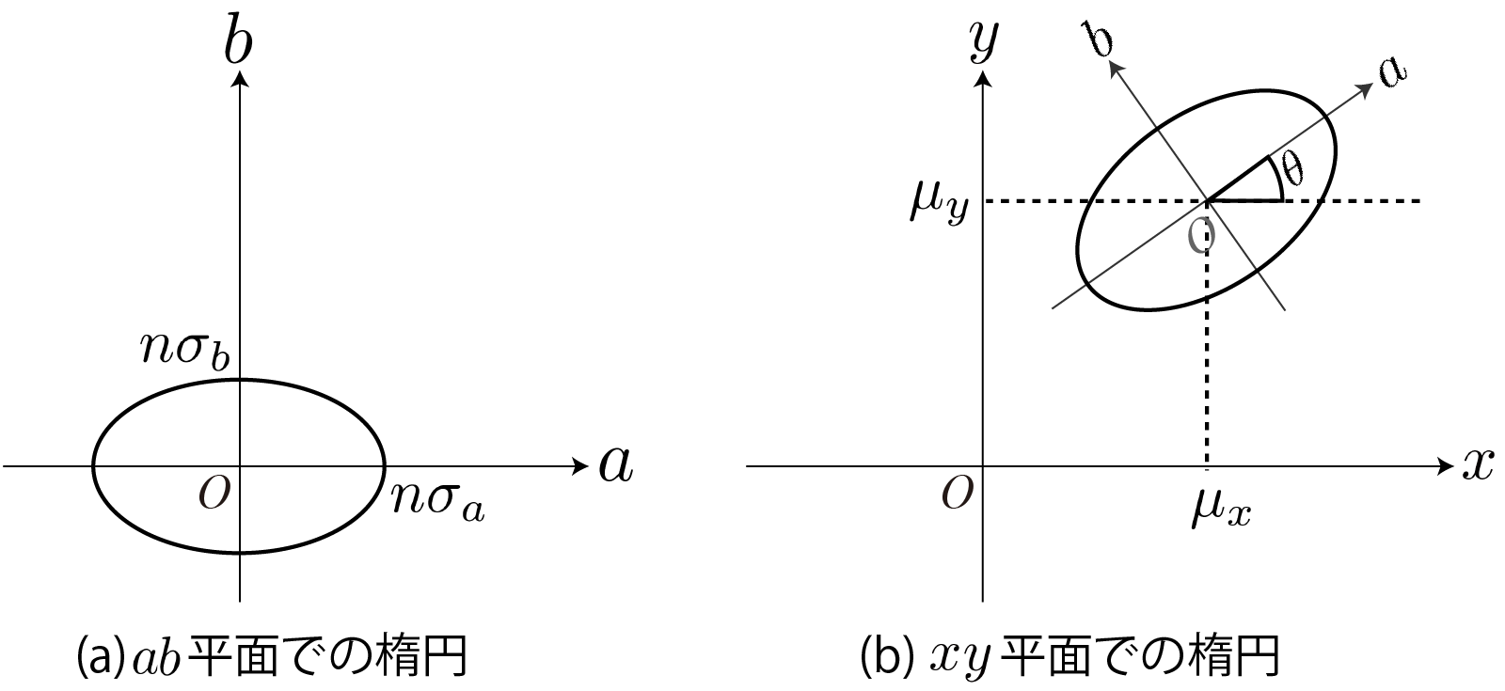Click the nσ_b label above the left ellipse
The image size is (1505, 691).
coord(185,350)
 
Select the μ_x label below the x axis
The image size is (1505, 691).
coord(1221,510)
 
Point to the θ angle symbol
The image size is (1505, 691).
coord(1293,169)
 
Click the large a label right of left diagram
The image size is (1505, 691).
coord(615,464)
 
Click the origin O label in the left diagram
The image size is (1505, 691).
coord(213,493)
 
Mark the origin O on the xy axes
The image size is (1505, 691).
coord(957,494)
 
